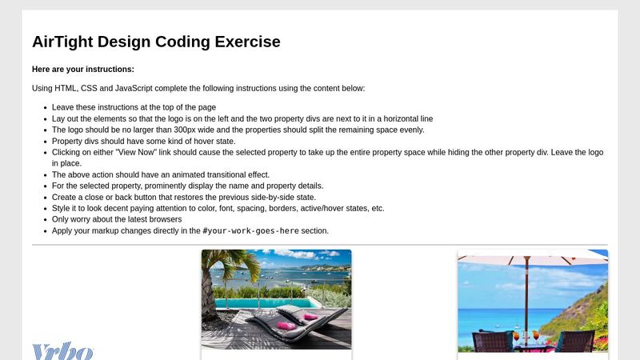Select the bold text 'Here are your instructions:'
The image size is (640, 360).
tap(83, 70)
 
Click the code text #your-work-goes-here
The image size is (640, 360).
tap(250, 231)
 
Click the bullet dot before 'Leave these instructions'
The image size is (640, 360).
tap(42, 107)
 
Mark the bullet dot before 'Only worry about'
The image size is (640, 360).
tap(42, 219)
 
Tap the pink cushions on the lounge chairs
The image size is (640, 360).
tap(286, 325)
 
